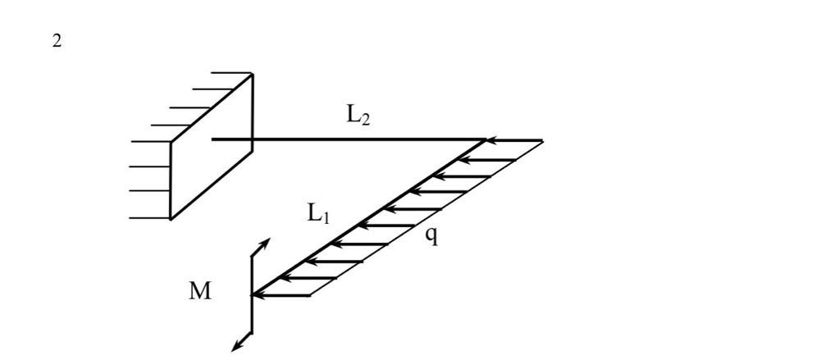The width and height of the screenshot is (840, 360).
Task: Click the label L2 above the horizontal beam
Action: point(358,117)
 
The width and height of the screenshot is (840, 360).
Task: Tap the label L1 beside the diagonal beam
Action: point(319,215)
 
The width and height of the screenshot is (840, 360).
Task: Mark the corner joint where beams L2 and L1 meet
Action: point(486,140)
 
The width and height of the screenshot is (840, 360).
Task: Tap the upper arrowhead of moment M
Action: point(265,244)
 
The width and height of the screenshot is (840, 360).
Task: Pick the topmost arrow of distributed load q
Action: point(513,141)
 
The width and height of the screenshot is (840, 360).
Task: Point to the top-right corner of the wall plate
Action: point(253,75)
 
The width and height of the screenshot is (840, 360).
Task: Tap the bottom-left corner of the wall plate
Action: point(171,219)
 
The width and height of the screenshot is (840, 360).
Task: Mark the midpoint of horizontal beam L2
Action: point(349,139)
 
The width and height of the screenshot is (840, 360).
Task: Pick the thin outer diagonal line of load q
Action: point(427,218)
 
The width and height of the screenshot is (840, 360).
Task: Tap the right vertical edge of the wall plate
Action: point(253,107)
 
